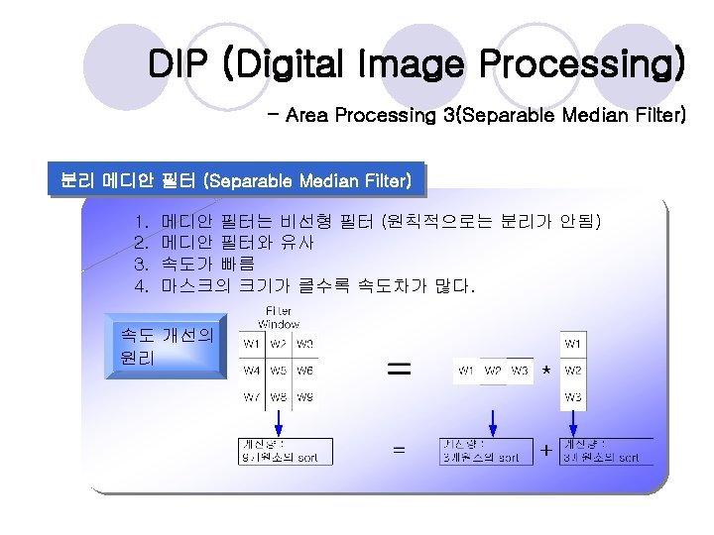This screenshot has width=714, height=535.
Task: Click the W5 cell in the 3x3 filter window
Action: [279, 371]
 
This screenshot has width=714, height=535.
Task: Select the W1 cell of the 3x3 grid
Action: [252, 344]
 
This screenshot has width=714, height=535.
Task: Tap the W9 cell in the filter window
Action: [304, 397]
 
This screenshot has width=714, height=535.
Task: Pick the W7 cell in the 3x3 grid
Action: [252, 397]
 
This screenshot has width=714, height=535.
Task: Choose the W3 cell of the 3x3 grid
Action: [304, 344]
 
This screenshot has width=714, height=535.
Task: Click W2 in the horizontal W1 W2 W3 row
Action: [493, 372]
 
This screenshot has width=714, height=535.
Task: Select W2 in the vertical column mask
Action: [573, 371]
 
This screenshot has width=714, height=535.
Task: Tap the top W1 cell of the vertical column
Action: [573, 344]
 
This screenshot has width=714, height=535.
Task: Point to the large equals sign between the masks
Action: [398, 369]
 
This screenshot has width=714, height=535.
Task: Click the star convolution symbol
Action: [545, 371]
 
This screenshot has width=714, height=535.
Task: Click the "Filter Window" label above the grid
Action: [279, 317]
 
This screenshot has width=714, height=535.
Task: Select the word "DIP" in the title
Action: [178, 65]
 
